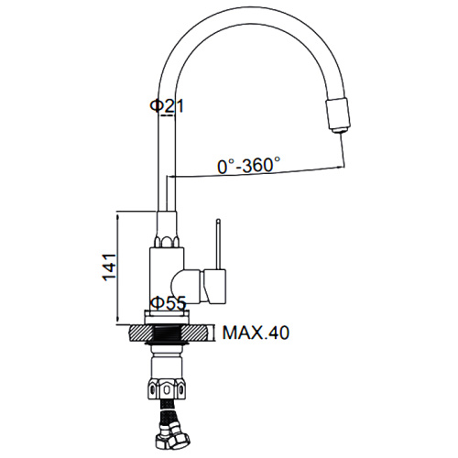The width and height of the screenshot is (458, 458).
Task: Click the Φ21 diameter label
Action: [167, 106]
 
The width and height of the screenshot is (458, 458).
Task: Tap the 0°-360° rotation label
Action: [249, 165]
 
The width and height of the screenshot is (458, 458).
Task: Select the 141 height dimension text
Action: [109, 267]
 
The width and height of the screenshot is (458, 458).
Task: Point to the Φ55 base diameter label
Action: [169, 303]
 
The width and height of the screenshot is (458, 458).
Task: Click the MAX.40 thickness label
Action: [256, 333]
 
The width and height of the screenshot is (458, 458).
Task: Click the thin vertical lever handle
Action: [218, 245]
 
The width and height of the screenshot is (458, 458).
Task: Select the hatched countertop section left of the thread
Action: [141, 333]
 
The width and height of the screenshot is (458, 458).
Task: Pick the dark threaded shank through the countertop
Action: [167, 333]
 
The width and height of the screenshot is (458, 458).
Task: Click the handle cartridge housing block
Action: [215, 285]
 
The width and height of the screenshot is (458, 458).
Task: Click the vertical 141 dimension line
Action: [118, 269]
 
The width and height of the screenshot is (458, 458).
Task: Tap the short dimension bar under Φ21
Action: [168, 115]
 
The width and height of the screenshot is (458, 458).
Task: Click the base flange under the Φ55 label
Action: [167, 317]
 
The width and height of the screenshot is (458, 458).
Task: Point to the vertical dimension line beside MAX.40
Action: [214, 333]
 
